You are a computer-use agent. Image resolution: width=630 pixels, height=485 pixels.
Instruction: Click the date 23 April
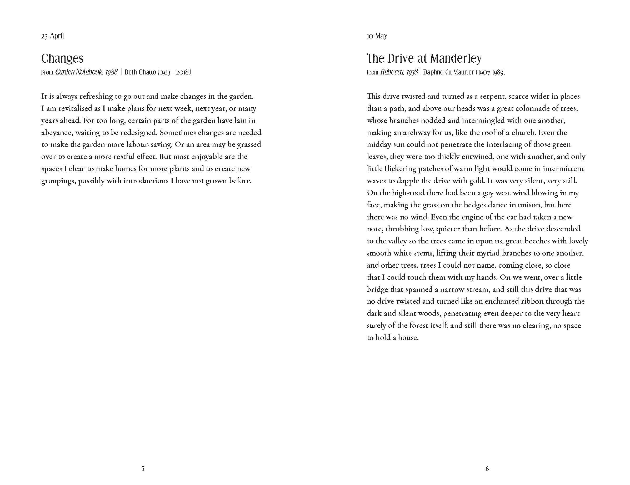[53, 36]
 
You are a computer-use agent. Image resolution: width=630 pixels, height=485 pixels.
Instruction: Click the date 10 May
[377, 36]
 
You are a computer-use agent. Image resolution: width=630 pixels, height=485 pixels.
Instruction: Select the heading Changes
[62, 59]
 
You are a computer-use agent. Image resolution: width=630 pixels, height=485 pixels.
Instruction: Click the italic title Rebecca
[392, 72]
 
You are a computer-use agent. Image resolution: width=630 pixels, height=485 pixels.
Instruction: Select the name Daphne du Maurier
[448, 72]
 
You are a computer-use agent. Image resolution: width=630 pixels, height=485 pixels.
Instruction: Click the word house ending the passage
[408, 338]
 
